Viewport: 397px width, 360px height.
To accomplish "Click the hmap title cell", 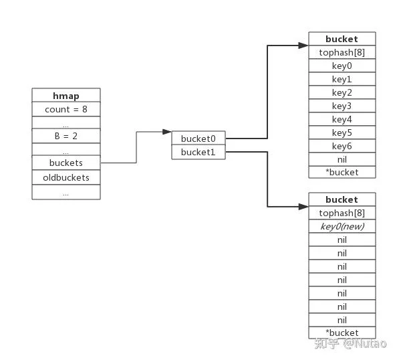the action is (66, 95).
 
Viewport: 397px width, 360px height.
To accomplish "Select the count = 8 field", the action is (66, 109).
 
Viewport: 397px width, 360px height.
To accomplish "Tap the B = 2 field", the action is (66, 136).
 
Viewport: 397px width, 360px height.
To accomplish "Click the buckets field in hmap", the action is (66, 163).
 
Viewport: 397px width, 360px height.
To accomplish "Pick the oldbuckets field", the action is (66, 177).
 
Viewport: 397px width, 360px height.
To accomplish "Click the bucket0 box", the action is (198, 138).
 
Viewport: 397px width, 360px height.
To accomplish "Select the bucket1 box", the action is (198, 152).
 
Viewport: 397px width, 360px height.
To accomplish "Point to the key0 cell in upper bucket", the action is (342, 66).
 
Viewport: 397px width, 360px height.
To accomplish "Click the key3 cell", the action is (342, 106).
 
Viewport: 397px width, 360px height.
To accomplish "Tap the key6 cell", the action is (342, 146).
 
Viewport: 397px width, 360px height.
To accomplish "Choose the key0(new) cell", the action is (342, 226).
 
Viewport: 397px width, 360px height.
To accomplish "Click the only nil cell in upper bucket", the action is (342, 159).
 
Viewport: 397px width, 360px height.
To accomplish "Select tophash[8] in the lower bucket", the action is (342, 213).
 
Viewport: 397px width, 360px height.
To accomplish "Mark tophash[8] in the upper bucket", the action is (342, 52).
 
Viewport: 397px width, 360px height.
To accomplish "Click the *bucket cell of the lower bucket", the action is (342, 333).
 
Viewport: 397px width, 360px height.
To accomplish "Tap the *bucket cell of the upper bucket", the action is (342, 172).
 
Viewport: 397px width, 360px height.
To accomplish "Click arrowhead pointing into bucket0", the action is (167, 132).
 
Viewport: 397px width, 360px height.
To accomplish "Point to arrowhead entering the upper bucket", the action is (303, 46).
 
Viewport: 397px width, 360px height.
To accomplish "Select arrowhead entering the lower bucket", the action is (303, 207).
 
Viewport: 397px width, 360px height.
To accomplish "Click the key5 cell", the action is (342, 132).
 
